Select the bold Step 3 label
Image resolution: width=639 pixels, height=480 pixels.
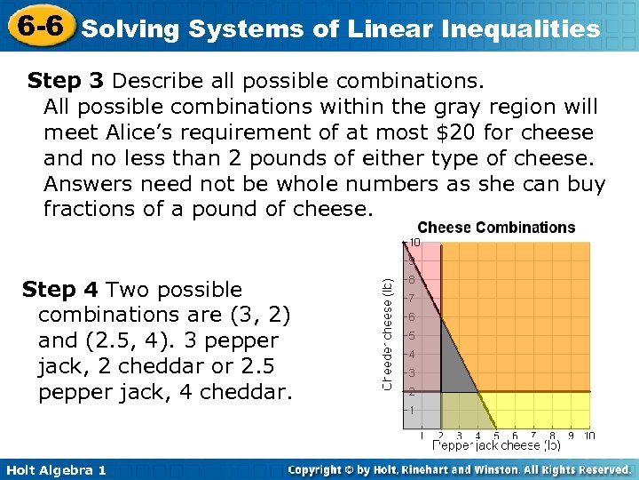tap(66, 82)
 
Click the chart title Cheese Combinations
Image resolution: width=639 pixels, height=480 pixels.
tap(496, 228)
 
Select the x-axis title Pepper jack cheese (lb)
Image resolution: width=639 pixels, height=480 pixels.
tap(496, 445)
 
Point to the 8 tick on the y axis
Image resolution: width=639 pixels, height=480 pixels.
tap(412, 279)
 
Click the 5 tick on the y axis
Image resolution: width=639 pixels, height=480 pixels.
tap(412, 335)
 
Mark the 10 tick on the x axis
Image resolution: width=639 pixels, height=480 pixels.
tap(589, 436)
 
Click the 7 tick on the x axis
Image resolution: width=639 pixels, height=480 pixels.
tap(533, 436)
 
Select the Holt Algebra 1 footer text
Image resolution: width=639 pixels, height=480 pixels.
tap(54, 469)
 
